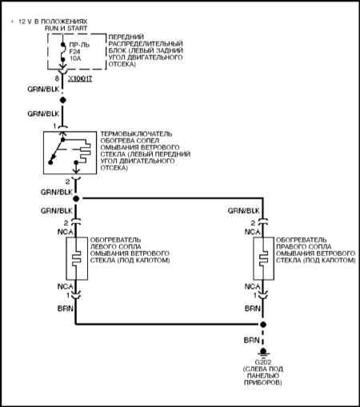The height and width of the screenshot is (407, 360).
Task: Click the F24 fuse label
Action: click(x=74, y=52)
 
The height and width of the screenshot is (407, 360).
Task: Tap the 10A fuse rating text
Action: click(x=75, y=58)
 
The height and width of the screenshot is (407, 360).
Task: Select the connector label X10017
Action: click(x=80, y=79)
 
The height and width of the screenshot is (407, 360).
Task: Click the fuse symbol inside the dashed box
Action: click(x=63, y=54)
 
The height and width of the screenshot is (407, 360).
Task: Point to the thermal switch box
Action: click(x=70, y=153)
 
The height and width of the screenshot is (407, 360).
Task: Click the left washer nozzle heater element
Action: click(x=77, y=258)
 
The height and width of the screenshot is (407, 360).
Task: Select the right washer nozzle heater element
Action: click(x=263, y=258)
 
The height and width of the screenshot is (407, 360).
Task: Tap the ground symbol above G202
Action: click(x=263, y=352)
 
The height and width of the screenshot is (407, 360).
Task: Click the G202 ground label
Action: click(x=263, y=362)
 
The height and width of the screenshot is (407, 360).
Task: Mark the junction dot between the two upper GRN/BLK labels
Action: click(x=63, y=100)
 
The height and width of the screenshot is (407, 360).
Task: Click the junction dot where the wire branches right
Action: click(x=76, y=198)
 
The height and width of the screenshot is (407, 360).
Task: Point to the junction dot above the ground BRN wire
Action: click(x=263, y=325)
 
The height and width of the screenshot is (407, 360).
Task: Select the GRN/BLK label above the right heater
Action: click(x=243, y=211)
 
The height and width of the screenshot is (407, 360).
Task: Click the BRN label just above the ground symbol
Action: click(x=251, y=340)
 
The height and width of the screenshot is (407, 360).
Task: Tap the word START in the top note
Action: click(x=77, y=28)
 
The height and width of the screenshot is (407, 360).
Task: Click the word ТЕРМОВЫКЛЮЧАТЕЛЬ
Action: click(x=136, y=134)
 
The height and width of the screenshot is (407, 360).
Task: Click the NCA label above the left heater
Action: click(x=66, y=232)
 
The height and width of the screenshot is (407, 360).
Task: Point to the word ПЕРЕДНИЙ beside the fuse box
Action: click(x=126, y=37)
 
